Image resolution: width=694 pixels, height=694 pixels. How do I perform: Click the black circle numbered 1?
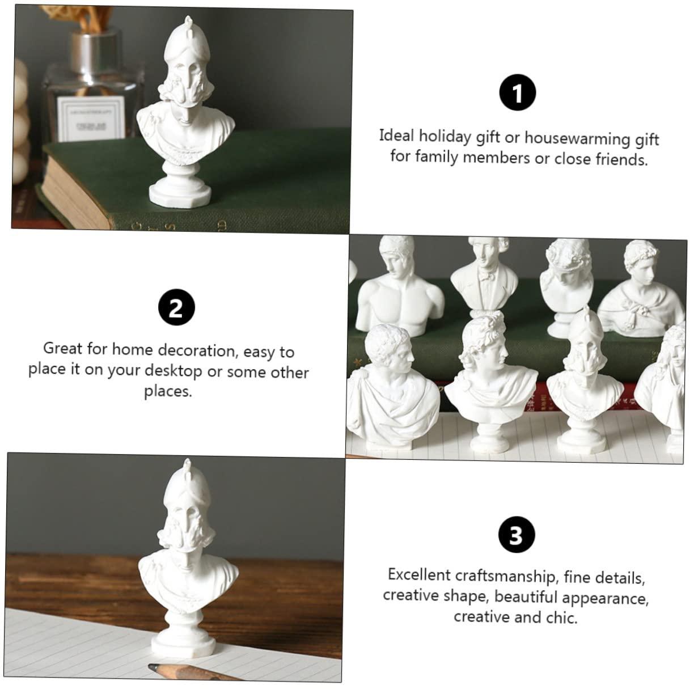[518, 92]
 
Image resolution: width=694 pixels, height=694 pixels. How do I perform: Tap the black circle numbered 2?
[176, 307]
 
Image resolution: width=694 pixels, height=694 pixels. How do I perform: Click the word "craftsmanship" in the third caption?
[505, 575]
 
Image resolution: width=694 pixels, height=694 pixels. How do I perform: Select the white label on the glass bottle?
[91, 119]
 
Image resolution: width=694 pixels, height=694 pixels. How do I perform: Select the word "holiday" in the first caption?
[445, 137]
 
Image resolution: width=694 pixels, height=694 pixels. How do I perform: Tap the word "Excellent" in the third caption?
[419, 574]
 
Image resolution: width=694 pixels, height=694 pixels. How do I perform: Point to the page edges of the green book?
[73, 192]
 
